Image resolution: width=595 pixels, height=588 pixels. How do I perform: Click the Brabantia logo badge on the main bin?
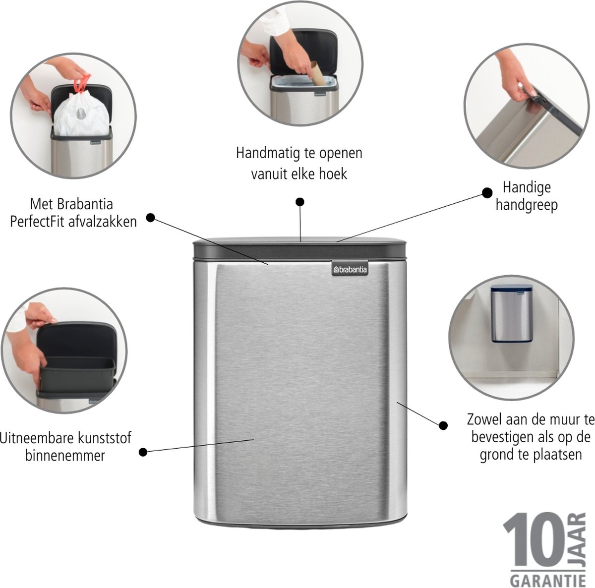[x=350, y=269]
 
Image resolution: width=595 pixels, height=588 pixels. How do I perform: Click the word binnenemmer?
[x=65, y=456]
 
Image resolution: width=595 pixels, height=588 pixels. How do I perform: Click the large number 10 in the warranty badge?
[x=534, y=540]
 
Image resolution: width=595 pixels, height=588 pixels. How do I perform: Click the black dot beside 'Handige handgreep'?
[x=487, y=193]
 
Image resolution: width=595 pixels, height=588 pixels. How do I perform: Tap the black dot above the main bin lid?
[x=300, y=202]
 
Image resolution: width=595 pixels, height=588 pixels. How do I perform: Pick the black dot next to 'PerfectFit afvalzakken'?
[x=150, y=218]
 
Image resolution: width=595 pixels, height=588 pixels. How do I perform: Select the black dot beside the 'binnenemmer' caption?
[x=143, y=452]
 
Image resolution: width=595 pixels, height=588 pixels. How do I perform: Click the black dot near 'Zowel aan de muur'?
[x=443, y=425]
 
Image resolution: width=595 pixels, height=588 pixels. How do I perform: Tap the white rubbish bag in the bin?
[x=82, y=114]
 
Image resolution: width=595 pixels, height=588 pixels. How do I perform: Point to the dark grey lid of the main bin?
[x=299, y=248]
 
